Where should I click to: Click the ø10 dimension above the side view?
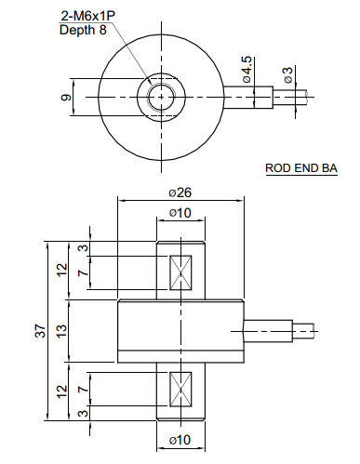180,214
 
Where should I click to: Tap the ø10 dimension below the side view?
180,439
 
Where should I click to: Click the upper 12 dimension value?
60,270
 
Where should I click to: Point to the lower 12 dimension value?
60,391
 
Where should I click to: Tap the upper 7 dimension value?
82,274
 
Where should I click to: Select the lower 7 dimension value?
82,386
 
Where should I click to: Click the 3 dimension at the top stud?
82,249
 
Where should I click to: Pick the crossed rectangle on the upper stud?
180,273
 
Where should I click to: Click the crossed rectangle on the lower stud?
180,387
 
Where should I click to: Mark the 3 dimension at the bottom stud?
82,413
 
